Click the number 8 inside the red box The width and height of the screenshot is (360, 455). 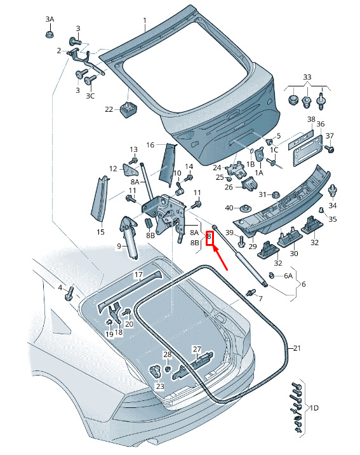point(209,236)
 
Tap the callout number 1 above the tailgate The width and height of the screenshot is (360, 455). point(145,21)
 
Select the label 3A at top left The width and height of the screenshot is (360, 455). point(50,20)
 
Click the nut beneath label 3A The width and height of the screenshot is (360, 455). point(50,34)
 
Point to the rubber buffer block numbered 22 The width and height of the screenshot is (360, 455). point(128,109)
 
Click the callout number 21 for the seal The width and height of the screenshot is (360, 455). point(297,348)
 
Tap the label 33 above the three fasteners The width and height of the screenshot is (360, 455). point(307,77)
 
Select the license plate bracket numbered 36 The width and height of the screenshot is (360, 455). point(308,151)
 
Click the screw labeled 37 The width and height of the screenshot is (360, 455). point(330,149)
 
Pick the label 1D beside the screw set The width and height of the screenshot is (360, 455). point(314,408)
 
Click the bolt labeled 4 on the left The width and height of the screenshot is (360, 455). point(69,294)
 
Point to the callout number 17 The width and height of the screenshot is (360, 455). point(138,275)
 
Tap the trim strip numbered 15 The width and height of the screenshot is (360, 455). point(100,200)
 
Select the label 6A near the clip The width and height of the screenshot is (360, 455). point(288,276)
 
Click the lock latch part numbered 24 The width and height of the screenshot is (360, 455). point(237,170)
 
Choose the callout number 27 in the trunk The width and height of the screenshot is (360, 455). point(197,349)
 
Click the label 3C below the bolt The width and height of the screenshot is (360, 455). point(90,96)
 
